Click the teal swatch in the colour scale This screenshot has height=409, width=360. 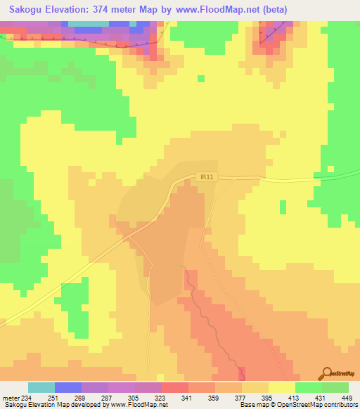[41, 387]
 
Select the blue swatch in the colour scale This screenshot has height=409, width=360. [68, 387]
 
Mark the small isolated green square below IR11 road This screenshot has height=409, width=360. [283, 207]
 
